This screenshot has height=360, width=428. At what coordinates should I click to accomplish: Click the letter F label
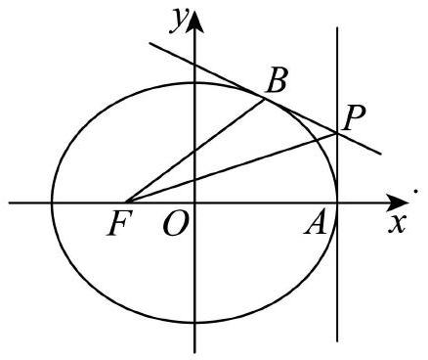(120, 223)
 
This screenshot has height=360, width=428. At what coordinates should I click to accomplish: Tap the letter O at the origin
(176, 224)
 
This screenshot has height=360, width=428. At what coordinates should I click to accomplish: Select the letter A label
(315, 224)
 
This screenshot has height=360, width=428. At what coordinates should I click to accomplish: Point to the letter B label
(277, 80)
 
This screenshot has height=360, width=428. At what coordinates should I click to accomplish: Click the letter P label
(355, 117)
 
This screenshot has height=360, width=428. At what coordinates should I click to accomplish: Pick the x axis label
(397, 224)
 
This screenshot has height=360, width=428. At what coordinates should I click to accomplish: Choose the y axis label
(179, 21)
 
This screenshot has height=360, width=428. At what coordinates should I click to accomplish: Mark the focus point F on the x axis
(126, 202)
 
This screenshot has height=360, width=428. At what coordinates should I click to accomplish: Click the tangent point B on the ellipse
(264, 99)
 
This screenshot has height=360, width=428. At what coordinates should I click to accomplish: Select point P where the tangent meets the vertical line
(337, 133)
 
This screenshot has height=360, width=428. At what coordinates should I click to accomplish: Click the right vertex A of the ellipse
(337, 202)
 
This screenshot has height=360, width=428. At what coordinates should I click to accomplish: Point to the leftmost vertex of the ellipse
(52, 202)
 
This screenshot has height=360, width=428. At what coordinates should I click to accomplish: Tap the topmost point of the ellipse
(194, 83)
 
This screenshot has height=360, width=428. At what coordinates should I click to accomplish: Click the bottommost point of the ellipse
(194, 322)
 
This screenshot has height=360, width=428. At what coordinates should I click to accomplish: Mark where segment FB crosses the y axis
(194, 151)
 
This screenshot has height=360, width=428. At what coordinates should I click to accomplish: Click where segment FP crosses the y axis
(194, 180)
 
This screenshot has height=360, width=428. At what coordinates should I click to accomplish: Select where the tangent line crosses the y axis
(194, 65)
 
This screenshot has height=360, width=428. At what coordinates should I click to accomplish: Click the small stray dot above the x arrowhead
(415, 191)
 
